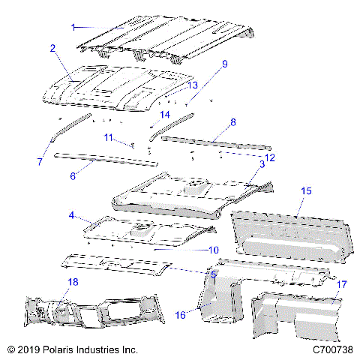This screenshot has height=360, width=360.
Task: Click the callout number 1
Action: [x=73, y=26]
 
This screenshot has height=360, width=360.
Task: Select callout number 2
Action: [x=52, y=48]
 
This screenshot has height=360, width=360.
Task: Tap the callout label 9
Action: [x=223, y=65]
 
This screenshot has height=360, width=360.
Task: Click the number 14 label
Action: [x=166, y=114]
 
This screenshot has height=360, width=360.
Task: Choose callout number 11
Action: [x=109, y=137]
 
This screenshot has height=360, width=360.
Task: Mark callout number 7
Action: [x=40, y=161]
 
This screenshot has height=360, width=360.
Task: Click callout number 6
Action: [x=73, y=176]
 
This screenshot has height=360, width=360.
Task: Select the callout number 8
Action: [x=232, y=121]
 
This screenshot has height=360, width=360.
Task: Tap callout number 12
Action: [x=270, y=157]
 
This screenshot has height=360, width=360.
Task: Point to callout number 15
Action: [x=306, y=192]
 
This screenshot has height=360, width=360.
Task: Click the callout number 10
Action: [x=212, y=249]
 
